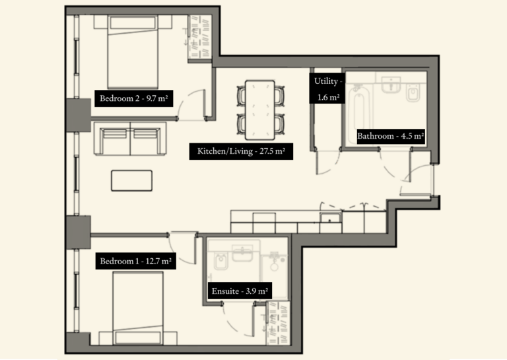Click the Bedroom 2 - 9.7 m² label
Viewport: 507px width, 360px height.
(132, 99)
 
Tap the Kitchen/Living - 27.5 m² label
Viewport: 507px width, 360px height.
(241, 151)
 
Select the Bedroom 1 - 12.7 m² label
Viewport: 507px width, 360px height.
(135, 262)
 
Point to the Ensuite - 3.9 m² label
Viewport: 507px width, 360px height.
(240, 291)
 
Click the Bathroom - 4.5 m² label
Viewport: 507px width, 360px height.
(390, 137)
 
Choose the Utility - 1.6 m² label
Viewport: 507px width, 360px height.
(327, 89)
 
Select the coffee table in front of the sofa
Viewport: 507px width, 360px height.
(131, 180)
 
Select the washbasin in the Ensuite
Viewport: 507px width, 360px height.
(242, 253)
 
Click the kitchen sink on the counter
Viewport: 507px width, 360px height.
(329, 217)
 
